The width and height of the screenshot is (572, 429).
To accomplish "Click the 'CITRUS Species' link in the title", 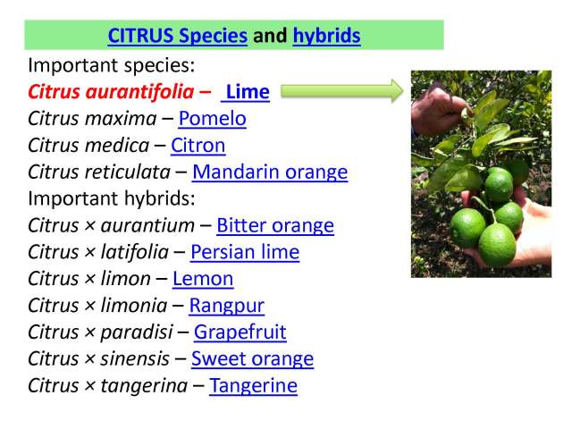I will [x=177, y=36].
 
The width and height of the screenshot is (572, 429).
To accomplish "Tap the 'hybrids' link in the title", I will [x=326, y=36].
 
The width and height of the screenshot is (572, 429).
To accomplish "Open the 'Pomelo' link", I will [x=212, y=118].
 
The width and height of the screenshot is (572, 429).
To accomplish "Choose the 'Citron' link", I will [x=198, y=145].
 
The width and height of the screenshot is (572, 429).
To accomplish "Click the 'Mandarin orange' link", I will [x=270, y=172].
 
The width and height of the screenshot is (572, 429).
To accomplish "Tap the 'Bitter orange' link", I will [x=275, y=225].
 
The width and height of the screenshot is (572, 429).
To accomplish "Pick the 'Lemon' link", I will [x=203, y=279].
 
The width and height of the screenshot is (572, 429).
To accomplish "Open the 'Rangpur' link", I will [x=226, y=306].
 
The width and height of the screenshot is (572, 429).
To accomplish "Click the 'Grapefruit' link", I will [x=240, y=332].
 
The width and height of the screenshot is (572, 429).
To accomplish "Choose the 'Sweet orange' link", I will [x=252, y=359].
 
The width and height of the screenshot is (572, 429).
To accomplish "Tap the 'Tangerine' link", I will [x=253, y=386].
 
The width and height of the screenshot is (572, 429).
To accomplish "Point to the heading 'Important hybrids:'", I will [x=111, y=198].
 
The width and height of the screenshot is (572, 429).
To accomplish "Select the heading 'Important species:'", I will [x=111, y=64].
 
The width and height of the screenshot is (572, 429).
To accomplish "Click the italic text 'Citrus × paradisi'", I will [x=99, y=332].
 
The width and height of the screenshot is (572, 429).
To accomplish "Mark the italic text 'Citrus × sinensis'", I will [x=98, y=359].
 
